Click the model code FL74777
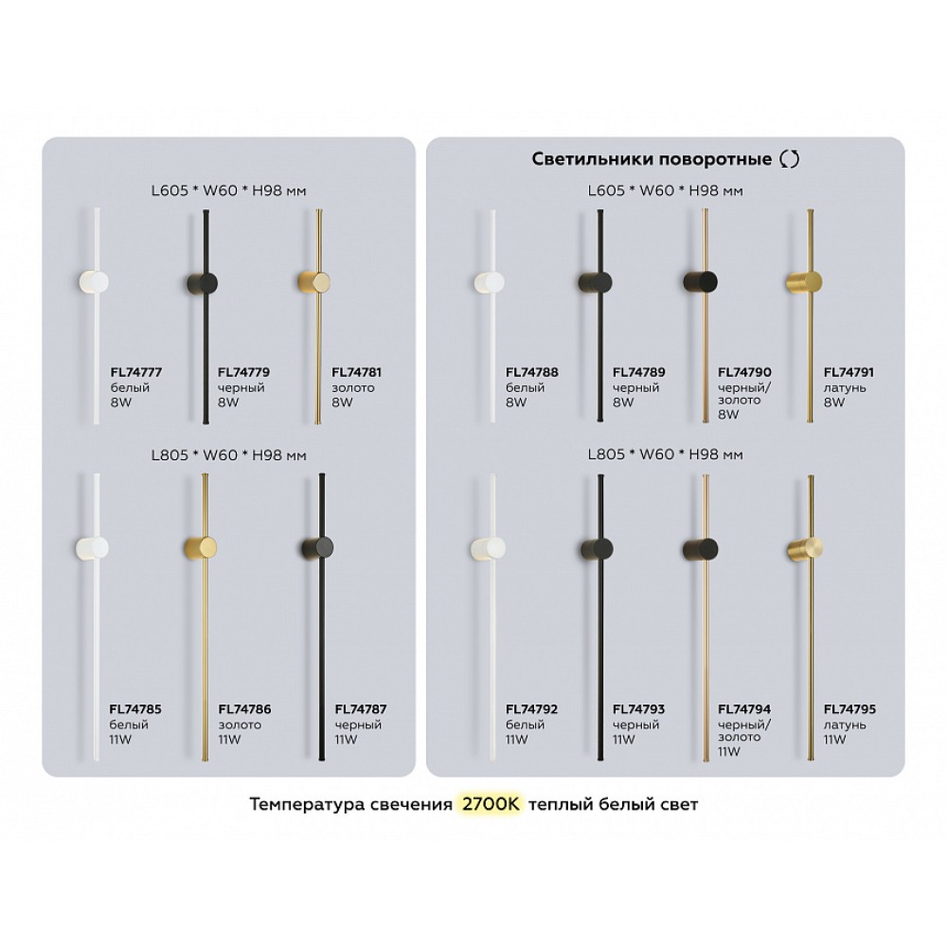tap(135, 372)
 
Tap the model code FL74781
tap(356, 372)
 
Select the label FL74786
tap(244, 709)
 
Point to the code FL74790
tap(744, 372)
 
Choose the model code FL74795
tap(849, 709)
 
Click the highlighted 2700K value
tap(490, 804)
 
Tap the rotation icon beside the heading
tap(790, 159)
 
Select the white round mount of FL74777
tap(94, 283)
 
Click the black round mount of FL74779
tap(202, 283)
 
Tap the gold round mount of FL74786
tap(201, 547)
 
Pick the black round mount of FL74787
tap(317, 547)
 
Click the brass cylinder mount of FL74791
tap(804, 282)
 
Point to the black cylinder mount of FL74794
tap(701, 549)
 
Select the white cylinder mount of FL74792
tap(489, 549)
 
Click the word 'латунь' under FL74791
tap(845, 387)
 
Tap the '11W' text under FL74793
tap(624, 740)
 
